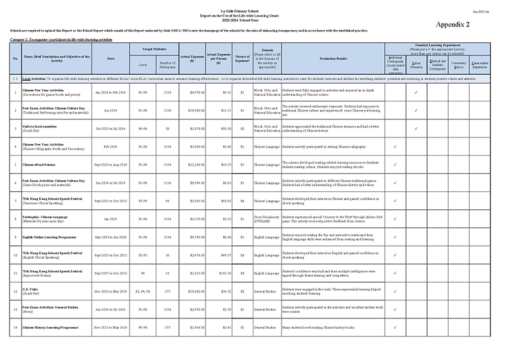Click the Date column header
pos(110,58)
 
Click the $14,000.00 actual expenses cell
pos(192,111)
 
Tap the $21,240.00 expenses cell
pos(192,164)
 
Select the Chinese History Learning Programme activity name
pos(50,327)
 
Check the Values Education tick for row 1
pos(416,93)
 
